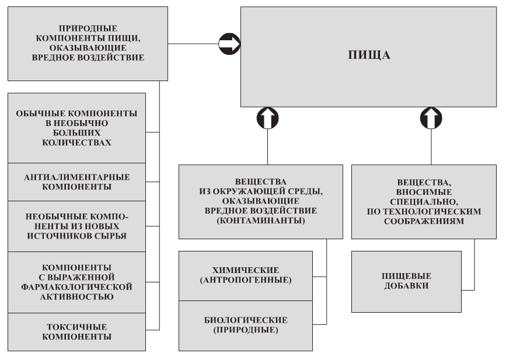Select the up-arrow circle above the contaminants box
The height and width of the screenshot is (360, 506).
(267, 118)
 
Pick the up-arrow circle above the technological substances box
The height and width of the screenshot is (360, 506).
(431, 118)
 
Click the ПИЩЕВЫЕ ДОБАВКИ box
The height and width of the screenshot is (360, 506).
(406, 282)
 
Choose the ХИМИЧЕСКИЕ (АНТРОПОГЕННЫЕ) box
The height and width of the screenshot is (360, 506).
(252, 275)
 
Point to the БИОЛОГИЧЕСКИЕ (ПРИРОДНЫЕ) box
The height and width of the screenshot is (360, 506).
(252, 325)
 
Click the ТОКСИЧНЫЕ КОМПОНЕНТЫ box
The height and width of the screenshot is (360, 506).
(76, 331)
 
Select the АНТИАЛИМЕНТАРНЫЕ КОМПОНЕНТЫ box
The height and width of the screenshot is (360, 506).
(76, 182)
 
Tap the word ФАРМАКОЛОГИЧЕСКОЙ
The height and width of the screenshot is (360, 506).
(76, 287)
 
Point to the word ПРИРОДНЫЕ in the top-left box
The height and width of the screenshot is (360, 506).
(89, 27)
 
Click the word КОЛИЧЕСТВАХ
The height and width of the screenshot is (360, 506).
(76, 142)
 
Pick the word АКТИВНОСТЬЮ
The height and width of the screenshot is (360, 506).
(76, 296)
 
